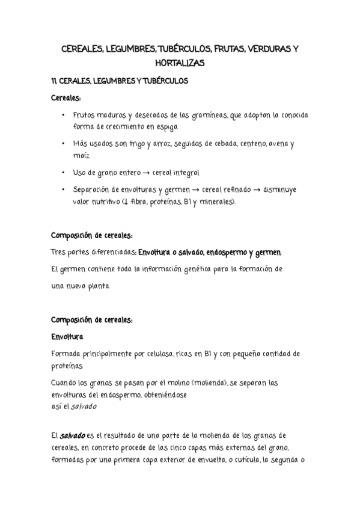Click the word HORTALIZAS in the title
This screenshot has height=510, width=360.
(x=179, y=63)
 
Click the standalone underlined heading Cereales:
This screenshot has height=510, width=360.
(x=66, y=97)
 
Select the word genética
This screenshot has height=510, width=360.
(x=207, y=268)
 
